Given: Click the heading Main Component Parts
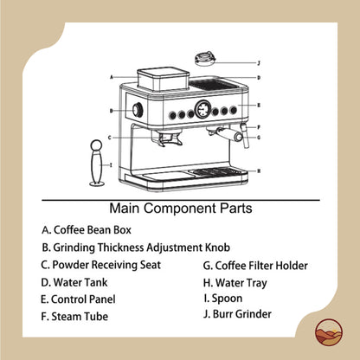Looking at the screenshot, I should pyautogui.click(x=181, y=209).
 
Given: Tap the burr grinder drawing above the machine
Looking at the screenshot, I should pyautogui.click(x=207, y=61).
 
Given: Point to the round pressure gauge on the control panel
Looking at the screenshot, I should pyautogui.click(x=201, y=110).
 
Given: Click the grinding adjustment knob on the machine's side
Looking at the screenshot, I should pyautogui.click(x=137, y=111).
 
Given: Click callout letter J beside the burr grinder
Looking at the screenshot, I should pyautogui.click(x=258, y=62).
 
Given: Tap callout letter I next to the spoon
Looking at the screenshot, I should pyautogui.click(x=110, y=163).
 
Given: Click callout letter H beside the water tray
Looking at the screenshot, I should pyautogui.click(x=259, y=171).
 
